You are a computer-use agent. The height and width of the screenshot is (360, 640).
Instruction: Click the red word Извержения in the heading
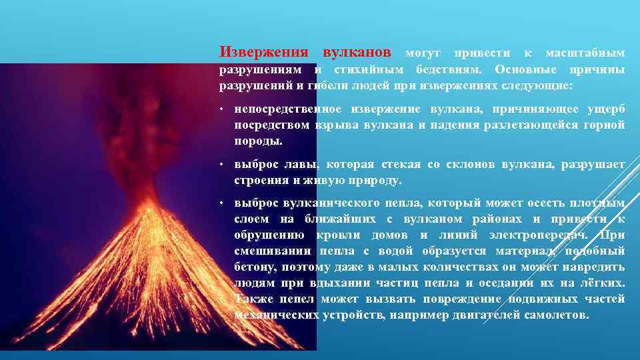(264, 52)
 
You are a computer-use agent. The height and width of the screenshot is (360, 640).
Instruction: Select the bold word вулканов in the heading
(357, 52)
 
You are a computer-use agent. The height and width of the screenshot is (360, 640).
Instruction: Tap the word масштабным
(586, 53)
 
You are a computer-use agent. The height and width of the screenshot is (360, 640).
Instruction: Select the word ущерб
(606, 109)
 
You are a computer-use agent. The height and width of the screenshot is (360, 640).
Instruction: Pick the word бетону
(253, 267)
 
